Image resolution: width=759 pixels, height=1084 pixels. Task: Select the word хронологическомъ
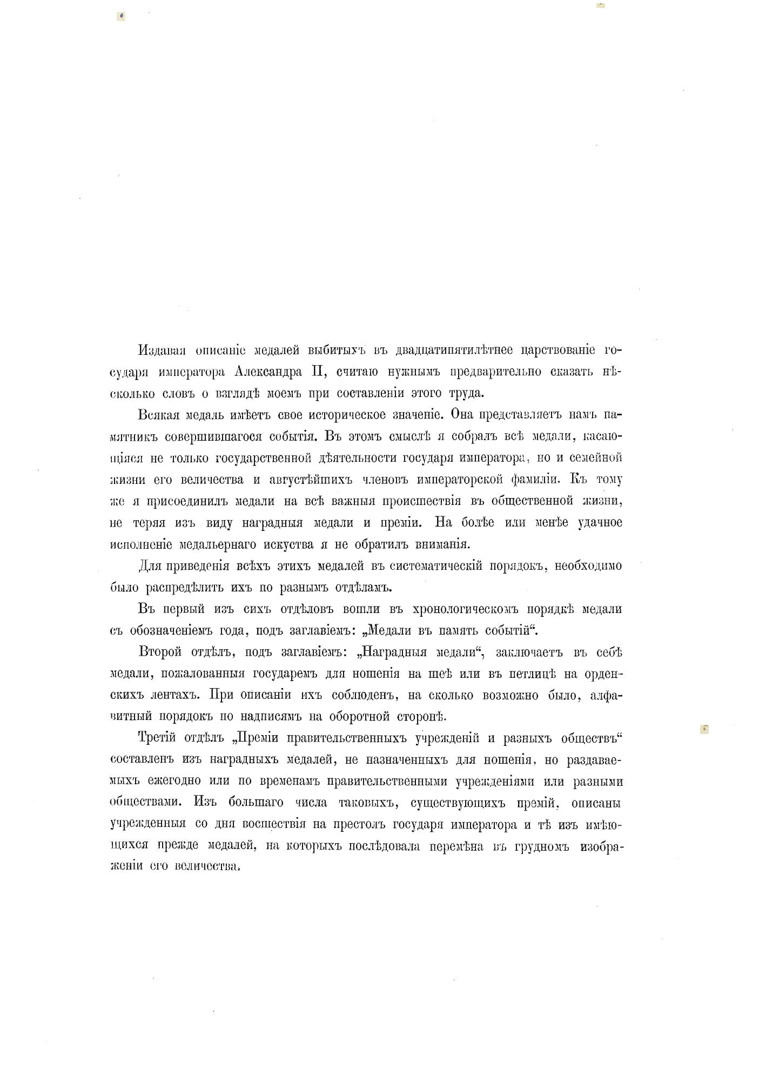coord(465,609)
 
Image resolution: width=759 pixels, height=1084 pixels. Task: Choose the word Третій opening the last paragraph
coord(157,739)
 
